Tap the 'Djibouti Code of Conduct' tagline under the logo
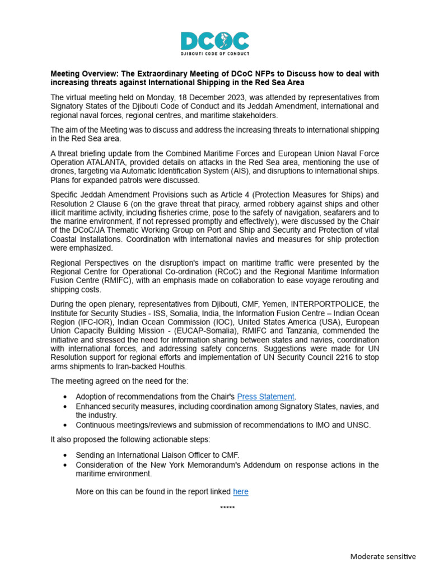[x=215, y=54]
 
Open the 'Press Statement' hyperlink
[x=266, y=397]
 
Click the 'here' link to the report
[x=240, y=491]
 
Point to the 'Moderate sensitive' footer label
[x=383, y=556]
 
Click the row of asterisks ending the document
[x=227, y=508]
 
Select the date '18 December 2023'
[x=183, y=97]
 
